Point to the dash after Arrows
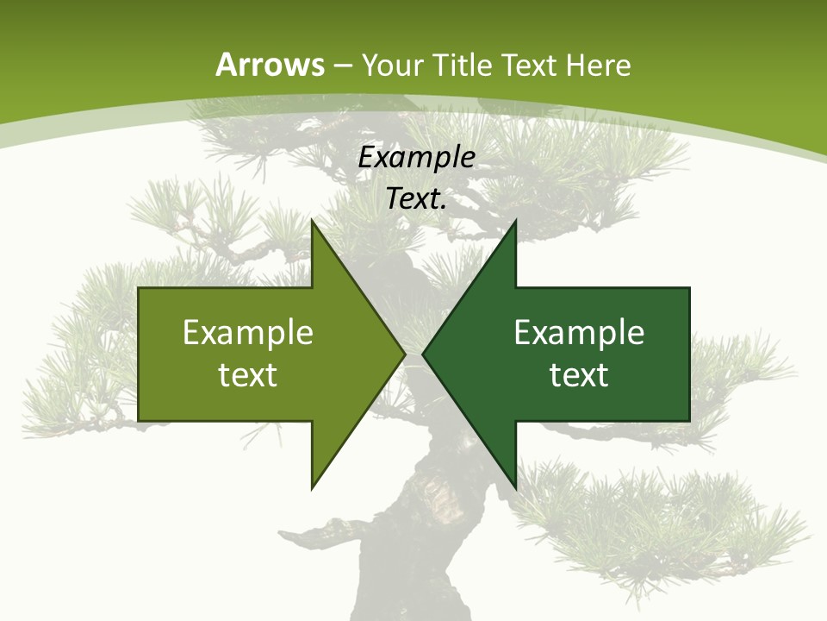point(342,66)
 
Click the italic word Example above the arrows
point(416,158)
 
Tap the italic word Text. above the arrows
point(416,198)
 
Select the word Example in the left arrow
point(248,332)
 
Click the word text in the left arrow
point(248,375)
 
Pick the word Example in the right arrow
point(579,332)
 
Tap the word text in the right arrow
point(579,375)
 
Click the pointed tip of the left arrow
point(404,354)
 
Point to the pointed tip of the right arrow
point(423,354)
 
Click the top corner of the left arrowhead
point(313,222)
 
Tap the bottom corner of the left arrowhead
point(313,487)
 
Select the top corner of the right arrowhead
point(515,222)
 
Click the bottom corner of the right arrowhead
point(515,487)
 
